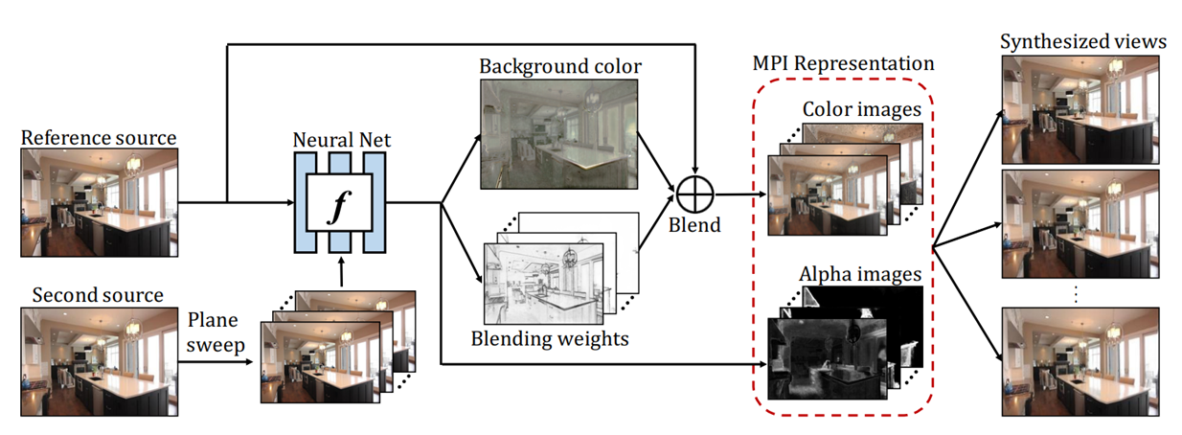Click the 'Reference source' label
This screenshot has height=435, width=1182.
pyautogui.click(x=100, y=138)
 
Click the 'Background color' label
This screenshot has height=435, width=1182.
pyautogui.click(x=560, y=66)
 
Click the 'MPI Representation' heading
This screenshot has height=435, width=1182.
pyautogui.click(x=843, y=64)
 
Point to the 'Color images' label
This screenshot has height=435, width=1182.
pyautogui.click(x=861, y=110)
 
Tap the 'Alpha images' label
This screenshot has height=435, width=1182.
pyautogui.click(x=859, y=276)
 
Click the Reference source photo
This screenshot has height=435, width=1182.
pyautogui.click(x=100, y=201)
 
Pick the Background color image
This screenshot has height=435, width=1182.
pyautogui.click(x=559, y=134)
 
